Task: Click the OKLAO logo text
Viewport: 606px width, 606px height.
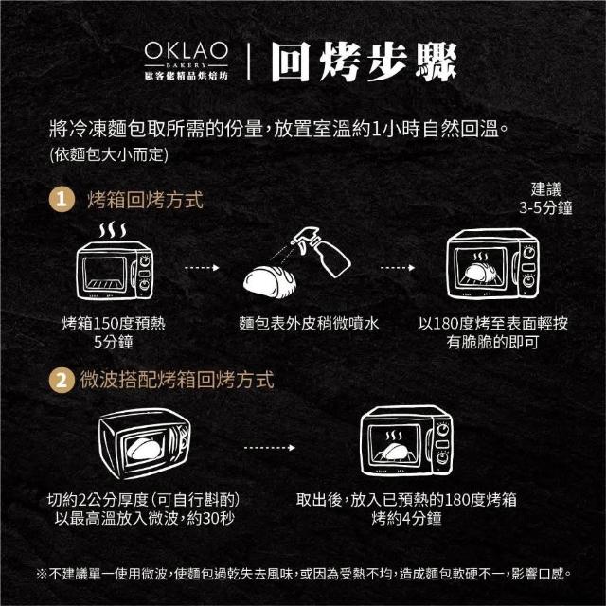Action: [187, 50]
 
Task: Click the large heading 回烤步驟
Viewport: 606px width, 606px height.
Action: [364, 62]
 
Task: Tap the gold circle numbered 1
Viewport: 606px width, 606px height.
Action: [62, 200]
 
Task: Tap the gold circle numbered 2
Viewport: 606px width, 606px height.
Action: [62, 381]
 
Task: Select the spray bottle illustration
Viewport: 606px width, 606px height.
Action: [321, 251]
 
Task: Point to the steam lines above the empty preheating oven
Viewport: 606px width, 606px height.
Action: [113, 230]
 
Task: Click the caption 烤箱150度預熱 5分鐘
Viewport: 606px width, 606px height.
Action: [114, 332]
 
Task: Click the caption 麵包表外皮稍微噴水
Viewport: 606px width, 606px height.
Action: [309, 324]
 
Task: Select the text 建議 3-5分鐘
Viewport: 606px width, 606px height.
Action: [545, 199]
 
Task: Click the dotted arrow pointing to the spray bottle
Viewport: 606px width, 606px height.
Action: [202, 268]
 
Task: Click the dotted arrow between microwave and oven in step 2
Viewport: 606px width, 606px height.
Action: [270, 448]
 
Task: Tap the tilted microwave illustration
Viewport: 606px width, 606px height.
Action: [145, 443]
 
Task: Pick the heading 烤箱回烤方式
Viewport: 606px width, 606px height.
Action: [145, 200]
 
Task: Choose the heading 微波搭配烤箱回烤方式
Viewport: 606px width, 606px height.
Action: [177, 380]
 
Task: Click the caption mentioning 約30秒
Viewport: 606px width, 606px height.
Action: [144, 509]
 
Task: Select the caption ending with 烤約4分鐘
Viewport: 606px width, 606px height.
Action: [406, 509]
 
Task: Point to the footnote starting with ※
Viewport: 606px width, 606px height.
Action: [304, 574]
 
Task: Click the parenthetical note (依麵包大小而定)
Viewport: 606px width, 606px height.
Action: [109, 155]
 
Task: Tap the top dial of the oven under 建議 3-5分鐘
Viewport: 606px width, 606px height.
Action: [529, 252]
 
